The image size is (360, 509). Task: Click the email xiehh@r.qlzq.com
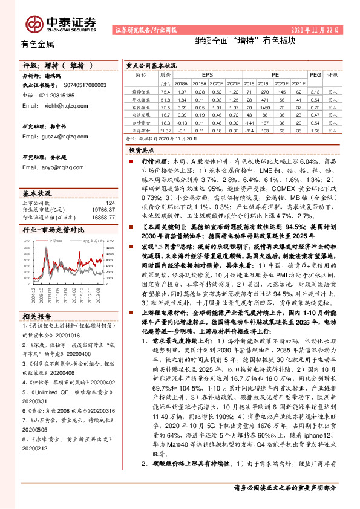[63, 105]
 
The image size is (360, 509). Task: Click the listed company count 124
[110, 203]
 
